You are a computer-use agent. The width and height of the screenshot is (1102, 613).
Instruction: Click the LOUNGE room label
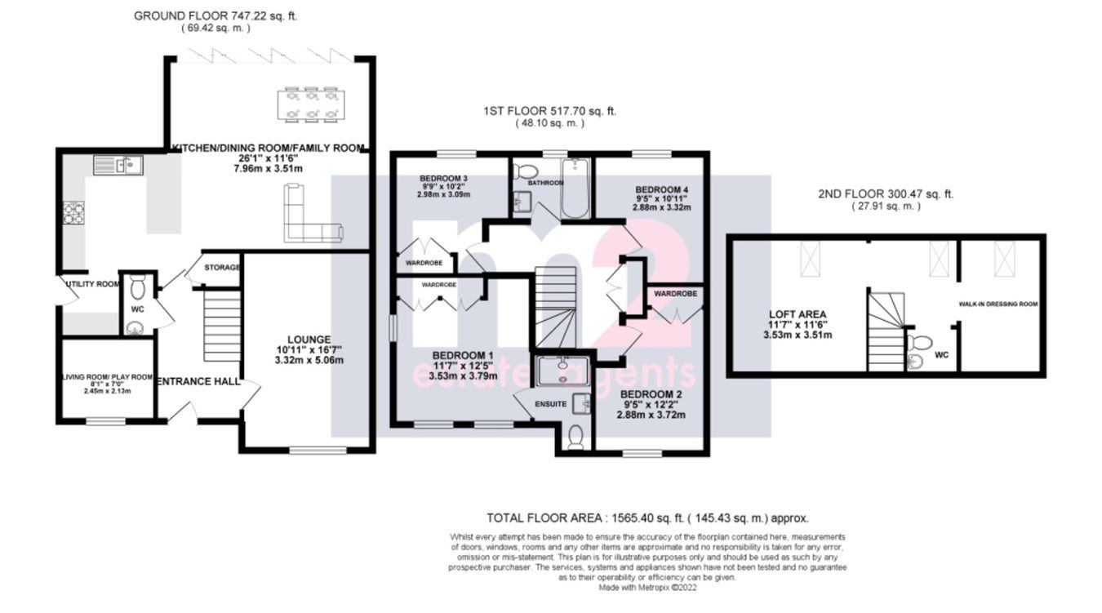point(308,340)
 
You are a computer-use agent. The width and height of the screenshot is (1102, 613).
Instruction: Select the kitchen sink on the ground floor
point(118,166)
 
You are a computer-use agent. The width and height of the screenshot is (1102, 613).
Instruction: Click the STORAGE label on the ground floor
point(222,267)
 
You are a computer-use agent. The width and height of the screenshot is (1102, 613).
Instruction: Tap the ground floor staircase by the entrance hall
point(221,326)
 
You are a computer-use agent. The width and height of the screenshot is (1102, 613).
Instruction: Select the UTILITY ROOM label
point(89,285)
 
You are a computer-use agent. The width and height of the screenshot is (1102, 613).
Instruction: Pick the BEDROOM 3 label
point(443,178)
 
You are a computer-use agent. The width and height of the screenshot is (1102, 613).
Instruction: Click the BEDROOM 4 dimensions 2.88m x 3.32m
point(661,208)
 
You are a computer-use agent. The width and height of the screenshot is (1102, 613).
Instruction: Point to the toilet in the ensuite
point(575,438)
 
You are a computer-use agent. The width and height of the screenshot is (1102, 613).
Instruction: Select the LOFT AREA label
point(798,313)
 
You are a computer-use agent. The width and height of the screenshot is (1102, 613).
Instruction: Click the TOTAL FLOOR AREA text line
point(647,518)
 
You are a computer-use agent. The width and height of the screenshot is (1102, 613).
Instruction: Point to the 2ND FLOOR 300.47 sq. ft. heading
point(885,194)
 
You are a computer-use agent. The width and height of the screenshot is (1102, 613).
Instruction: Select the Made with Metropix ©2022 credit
point(647,587)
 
